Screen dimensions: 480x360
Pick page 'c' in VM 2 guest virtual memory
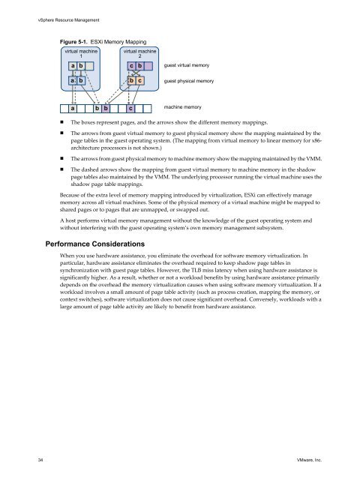pyautogui.click(x=130, y=66)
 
